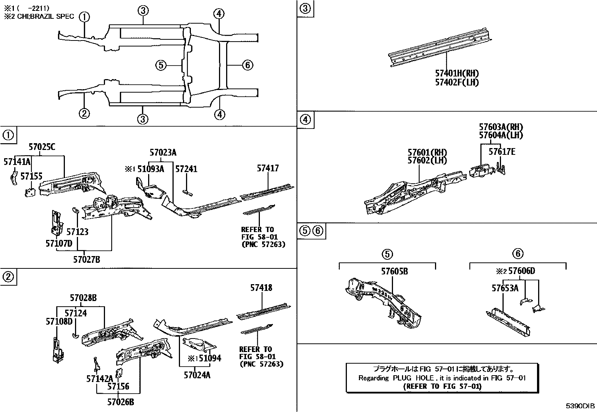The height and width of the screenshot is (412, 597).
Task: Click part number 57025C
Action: [42, 147]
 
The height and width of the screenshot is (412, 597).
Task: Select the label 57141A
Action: [17, 162]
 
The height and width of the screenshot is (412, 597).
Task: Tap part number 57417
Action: [268, 169]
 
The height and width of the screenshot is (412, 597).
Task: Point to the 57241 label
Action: [186, 169]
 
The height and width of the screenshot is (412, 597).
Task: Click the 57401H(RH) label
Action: [457, 74]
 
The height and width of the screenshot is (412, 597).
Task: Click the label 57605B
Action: [394, 271]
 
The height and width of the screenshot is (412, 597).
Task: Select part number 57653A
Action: [505, 288]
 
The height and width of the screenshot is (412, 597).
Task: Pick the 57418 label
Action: [261, 288]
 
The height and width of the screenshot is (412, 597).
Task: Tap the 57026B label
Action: [120, 402]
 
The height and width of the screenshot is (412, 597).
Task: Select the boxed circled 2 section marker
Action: [8, 277]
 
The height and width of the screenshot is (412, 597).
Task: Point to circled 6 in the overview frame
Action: [247, 66]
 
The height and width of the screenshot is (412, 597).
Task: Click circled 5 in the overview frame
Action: [160, 66]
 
